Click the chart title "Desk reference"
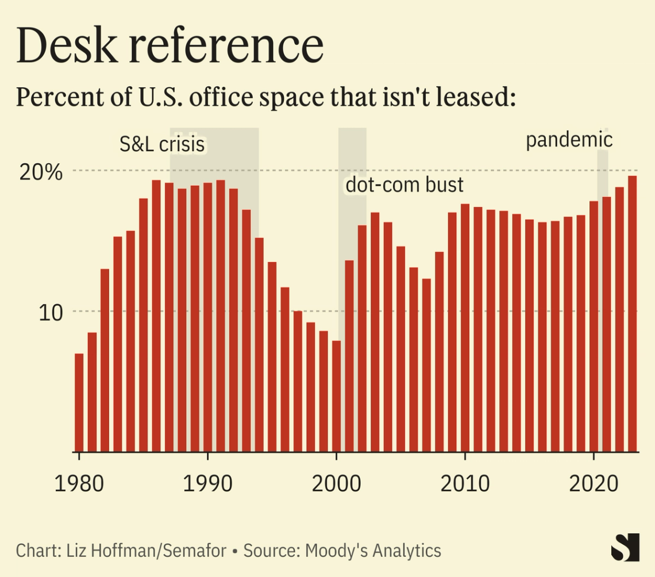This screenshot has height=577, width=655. coord(169,46)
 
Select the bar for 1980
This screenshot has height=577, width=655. coord(79,402)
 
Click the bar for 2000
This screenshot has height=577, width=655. coord(337,397)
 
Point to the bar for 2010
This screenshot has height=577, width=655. coord(465,328)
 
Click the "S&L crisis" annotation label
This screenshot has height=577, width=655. coord(161,144)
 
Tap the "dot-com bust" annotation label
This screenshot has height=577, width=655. coord(404,185)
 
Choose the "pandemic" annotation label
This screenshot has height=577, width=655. coord(569,140)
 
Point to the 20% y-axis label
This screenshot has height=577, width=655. coord(40,172)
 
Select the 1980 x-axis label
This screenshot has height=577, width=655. coord(79,483)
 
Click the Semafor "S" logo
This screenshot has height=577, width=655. coord(625,547)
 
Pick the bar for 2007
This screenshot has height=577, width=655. coord(426,365)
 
